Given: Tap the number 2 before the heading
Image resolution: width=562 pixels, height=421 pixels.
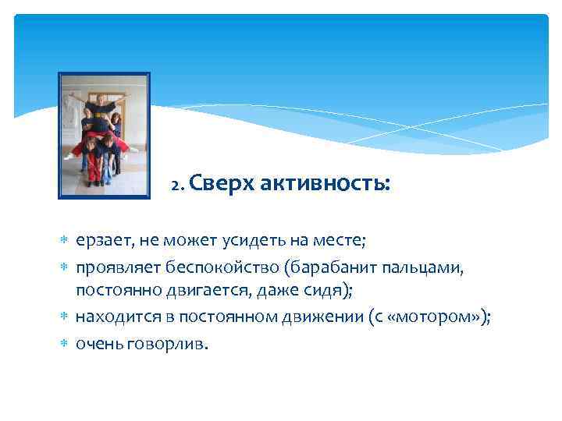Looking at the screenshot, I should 176,186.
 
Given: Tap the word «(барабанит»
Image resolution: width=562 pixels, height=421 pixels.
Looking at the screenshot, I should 328,269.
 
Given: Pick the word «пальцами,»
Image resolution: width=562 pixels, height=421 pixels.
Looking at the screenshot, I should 421,269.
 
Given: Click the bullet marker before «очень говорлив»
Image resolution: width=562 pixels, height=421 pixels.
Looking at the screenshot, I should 64,344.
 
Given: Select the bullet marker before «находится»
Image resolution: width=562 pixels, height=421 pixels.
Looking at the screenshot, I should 64,317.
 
